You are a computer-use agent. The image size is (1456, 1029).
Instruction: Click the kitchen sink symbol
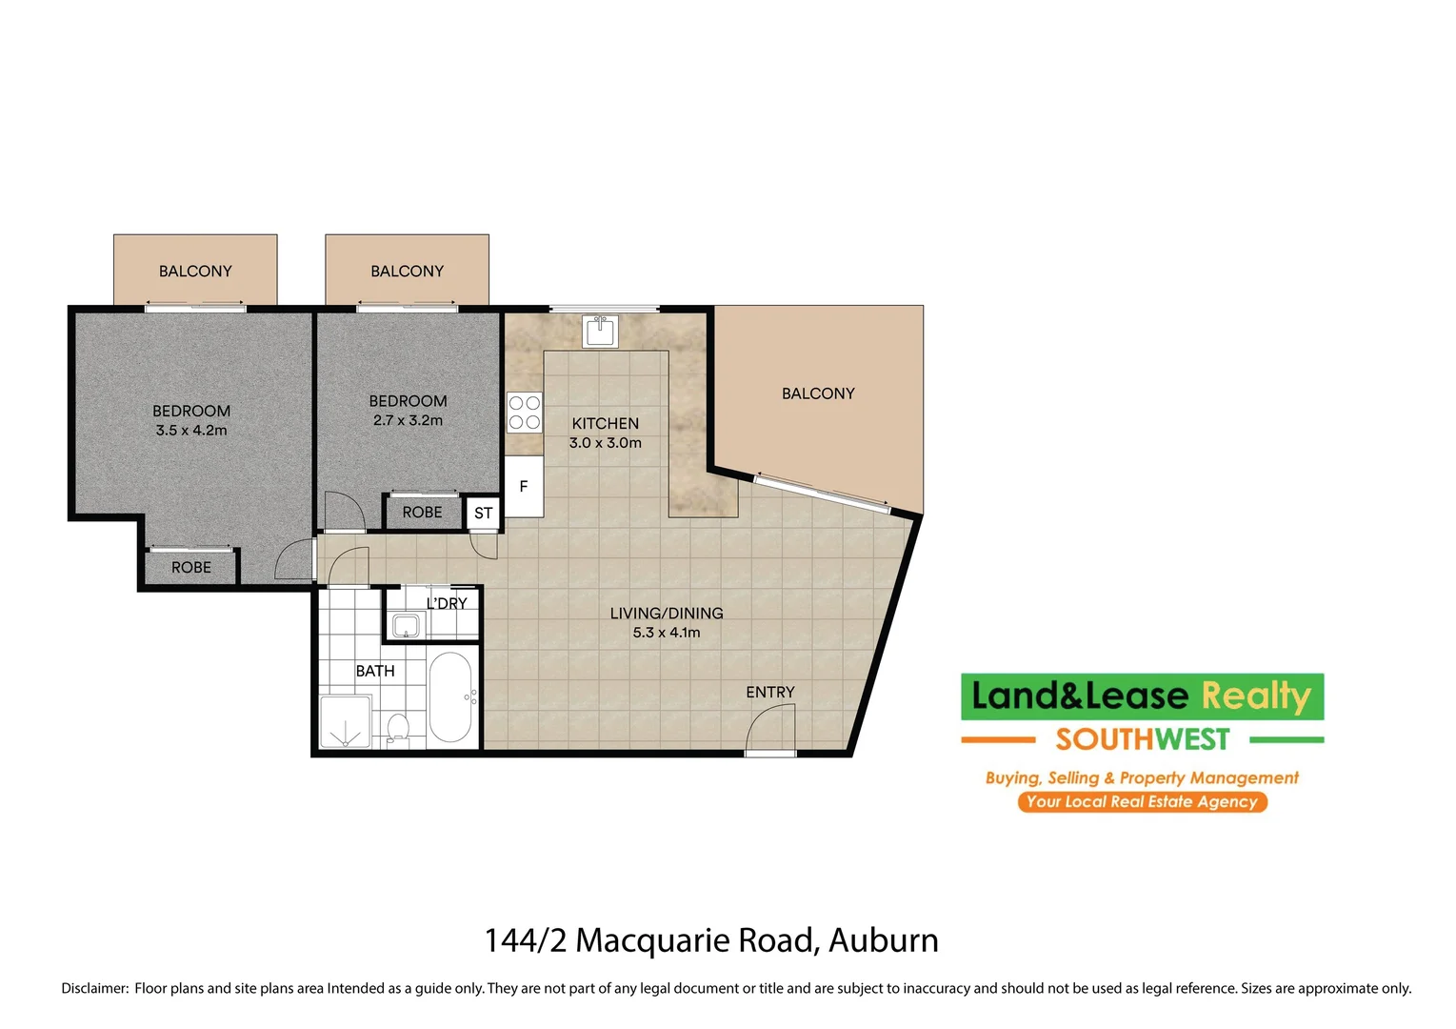(x=600, y=332)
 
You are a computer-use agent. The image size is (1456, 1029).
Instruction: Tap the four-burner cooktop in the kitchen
(x=524, y=413)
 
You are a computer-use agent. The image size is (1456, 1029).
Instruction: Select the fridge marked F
(x=523, y=487)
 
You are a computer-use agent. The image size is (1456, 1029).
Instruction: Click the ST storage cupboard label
(x=484, y=514)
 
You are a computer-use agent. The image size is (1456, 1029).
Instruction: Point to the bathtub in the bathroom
(x=450, y=697)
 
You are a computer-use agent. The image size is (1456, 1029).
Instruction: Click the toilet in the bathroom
(x=398, y=729)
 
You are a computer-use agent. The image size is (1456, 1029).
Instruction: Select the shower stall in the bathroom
(x=345, y=721)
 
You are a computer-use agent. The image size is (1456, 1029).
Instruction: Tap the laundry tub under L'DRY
(x=406, y=626)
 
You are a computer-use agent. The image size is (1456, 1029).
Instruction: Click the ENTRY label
(x=769, y=692)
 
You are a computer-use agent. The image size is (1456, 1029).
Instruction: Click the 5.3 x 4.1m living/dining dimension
(x=667, y=633)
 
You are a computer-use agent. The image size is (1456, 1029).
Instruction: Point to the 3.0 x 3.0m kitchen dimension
(x=606, y=443)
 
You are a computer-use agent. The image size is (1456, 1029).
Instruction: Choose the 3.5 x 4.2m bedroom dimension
(x=191, y=431)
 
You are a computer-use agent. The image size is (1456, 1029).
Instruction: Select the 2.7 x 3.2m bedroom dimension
(x=408, y=420)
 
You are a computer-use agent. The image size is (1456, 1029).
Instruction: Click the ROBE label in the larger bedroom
(x=191, y=568)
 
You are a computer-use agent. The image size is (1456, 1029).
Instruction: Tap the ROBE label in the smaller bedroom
(x=422, y=513)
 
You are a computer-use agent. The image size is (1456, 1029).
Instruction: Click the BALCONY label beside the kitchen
(x=818, y=393)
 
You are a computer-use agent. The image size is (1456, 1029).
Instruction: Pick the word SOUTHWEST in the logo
(x=1142, y=739)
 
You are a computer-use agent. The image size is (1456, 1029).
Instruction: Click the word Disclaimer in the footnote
(x=94, y=988)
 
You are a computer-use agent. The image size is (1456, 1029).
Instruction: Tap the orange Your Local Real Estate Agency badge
(x=1142, y=801)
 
